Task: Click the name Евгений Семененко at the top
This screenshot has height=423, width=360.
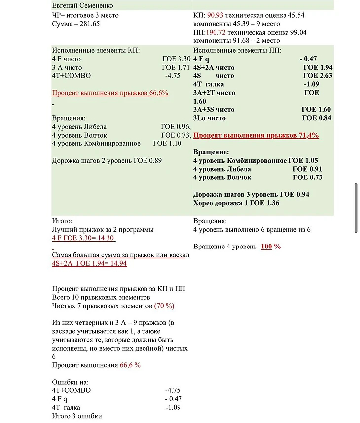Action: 82,6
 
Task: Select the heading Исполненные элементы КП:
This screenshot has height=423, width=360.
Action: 96,50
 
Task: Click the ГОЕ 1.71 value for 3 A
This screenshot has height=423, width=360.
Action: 176,67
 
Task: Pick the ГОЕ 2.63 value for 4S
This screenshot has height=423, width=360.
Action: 317,76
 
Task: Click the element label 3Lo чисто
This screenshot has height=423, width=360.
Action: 210,118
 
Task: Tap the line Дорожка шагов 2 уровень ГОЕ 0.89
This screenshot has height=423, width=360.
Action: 107,160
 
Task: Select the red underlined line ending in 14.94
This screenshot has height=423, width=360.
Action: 89,264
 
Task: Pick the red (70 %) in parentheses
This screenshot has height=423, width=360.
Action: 164,306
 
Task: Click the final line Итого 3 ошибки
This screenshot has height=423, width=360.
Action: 77,416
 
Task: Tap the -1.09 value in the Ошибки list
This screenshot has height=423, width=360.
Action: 173,407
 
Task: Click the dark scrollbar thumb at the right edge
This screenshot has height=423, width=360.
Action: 356,208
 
